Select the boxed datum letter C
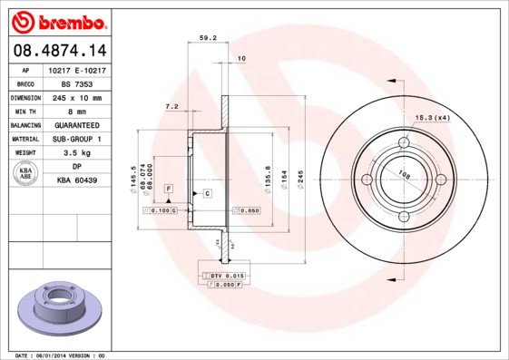[207, 194]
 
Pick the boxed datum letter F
[168, 188]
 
